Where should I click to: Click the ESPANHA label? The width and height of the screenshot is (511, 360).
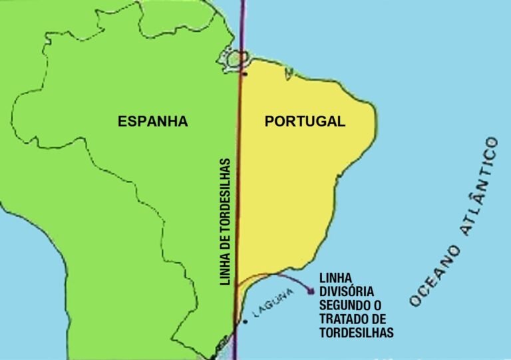pos(152,122)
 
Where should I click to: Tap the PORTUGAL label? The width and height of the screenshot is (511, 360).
pos(305,122)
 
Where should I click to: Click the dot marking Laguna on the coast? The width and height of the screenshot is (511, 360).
pos(246,322)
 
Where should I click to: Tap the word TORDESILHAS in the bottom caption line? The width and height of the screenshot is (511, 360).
pos(357,332)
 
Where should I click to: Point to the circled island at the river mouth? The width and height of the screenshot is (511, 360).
pos(234,60)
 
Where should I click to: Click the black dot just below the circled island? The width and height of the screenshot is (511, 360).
pos(245,73)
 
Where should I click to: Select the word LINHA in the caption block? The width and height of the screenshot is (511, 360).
pos(336,277)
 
